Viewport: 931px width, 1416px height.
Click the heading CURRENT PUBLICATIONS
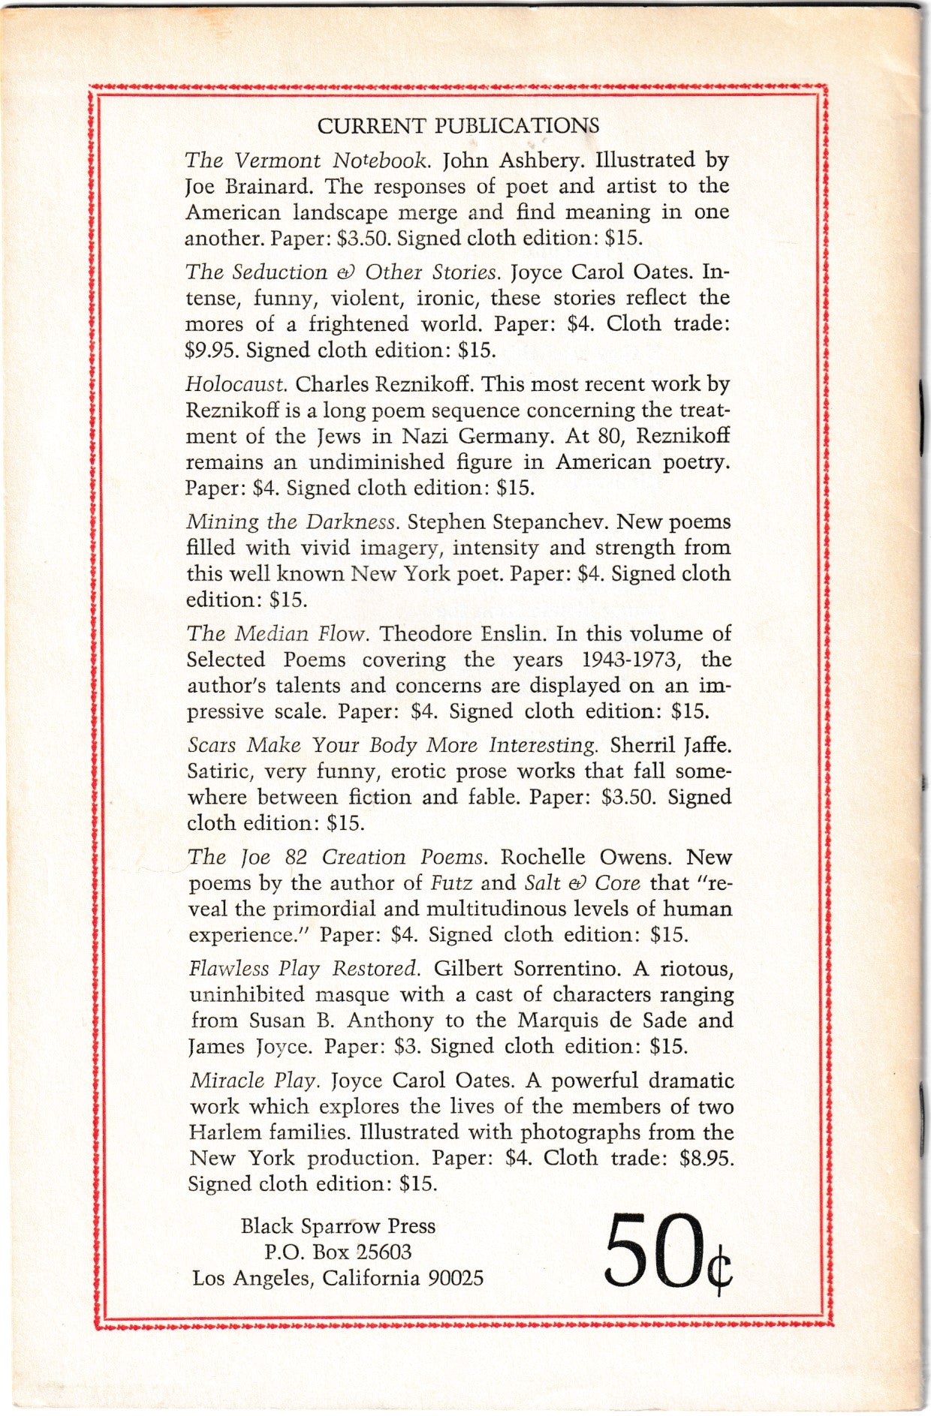458,125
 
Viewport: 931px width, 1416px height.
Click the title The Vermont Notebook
308,160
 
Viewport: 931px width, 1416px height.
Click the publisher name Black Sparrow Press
338,1226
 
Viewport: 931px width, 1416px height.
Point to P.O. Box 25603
338,1252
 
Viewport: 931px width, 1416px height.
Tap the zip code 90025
456,1278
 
